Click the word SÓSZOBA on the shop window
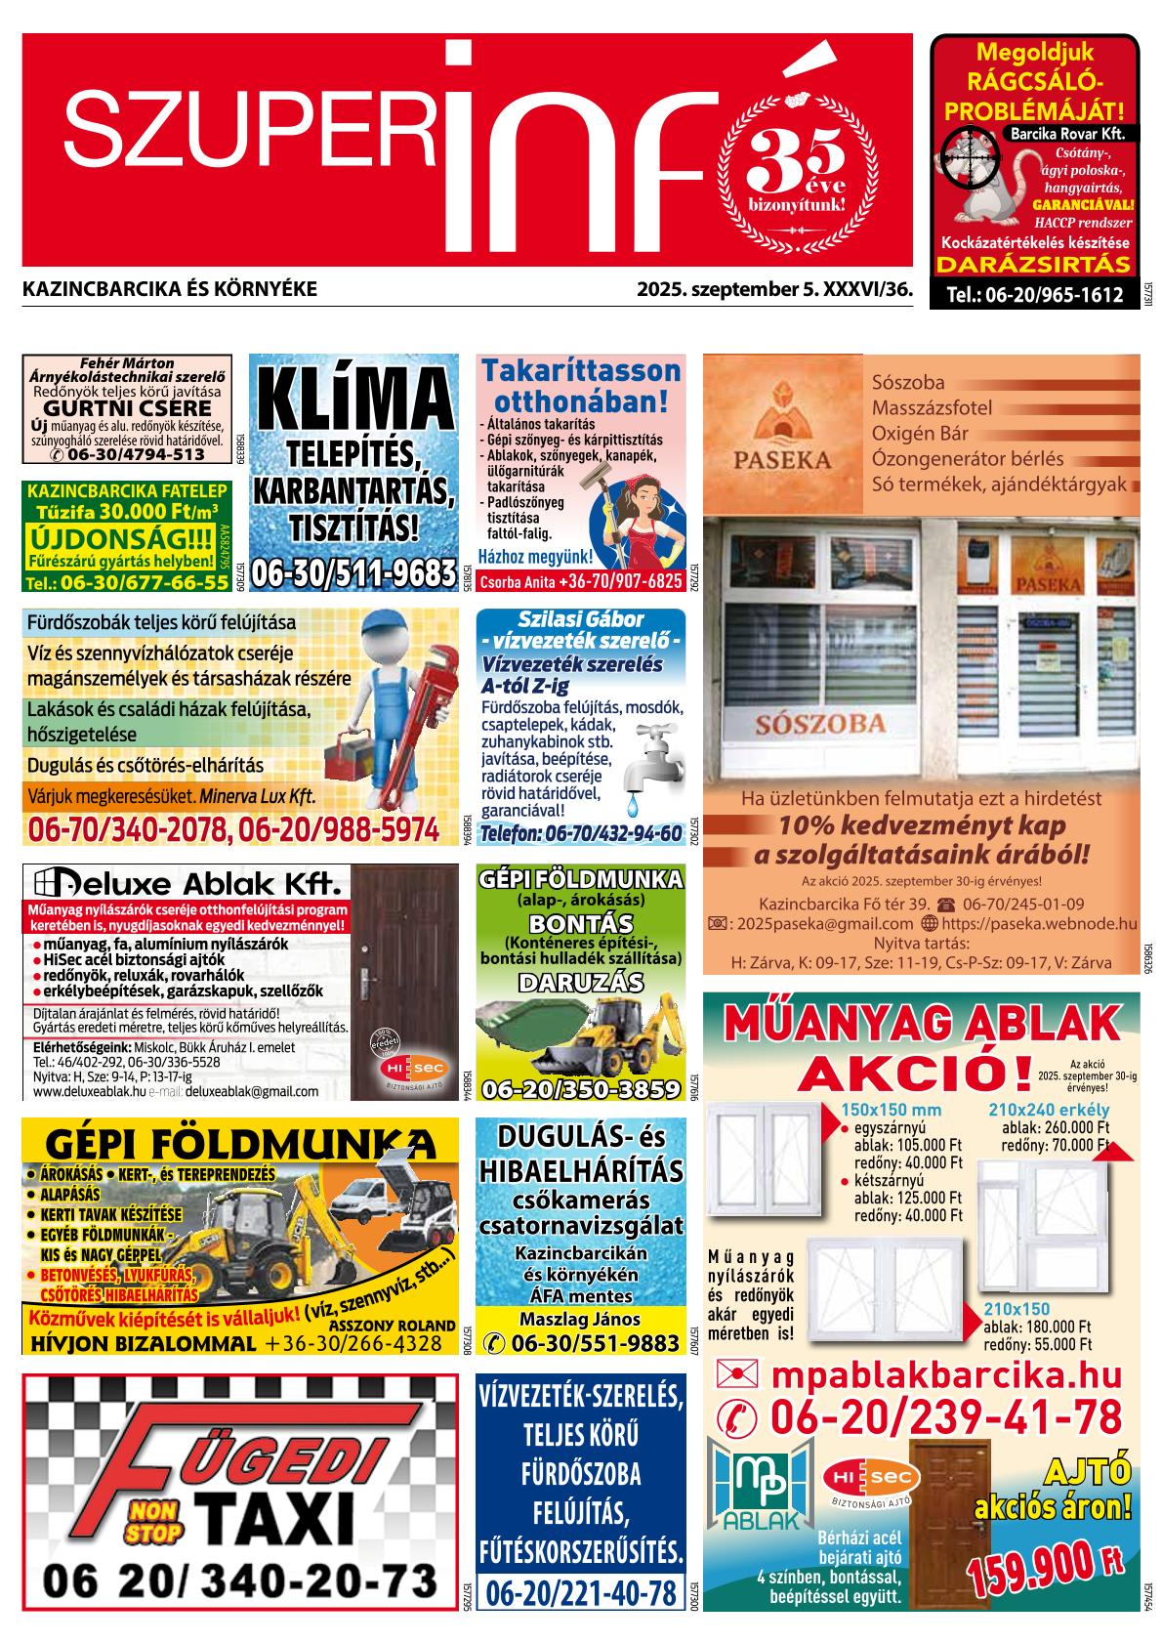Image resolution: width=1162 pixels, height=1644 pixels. [x=819, y=724]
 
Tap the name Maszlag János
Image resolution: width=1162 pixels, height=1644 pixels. [x=580, y=1319]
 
